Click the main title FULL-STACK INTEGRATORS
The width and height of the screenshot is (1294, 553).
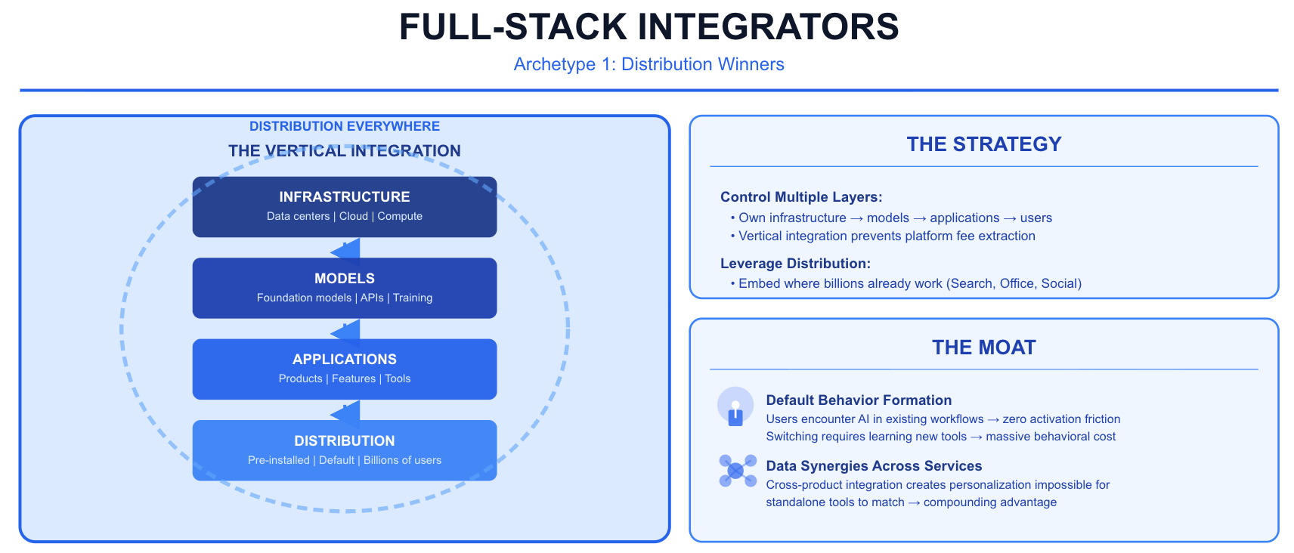point(649,27)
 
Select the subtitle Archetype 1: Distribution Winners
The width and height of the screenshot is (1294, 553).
point(649,64)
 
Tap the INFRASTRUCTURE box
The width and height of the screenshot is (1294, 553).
point(345,206)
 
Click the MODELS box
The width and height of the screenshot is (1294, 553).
point(345,288)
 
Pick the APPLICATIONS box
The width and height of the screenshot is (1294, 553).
point(345,369)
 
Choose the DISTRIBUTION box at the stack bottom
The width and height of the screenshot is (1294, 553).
point(345,450)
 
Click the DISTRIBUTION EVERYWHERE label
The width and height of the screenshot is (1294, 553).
point(345,126)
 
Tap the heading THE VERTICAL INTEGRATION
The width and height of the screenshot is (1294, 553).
point(345,151)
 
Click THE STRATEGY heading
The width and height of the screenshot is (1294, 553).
point(984,144)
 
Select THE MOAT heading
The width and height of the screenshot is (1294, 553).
point(984,348)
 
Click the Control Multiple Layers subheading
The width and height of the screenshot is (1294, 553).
point(801,197)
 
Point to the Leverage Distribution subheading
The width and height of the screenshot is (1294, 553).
point(795,264)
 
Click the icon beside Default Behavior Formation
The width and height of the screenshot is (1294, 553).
point(735,407)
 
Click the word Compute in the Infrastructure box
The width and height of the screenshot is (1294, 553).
point(400,216)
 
